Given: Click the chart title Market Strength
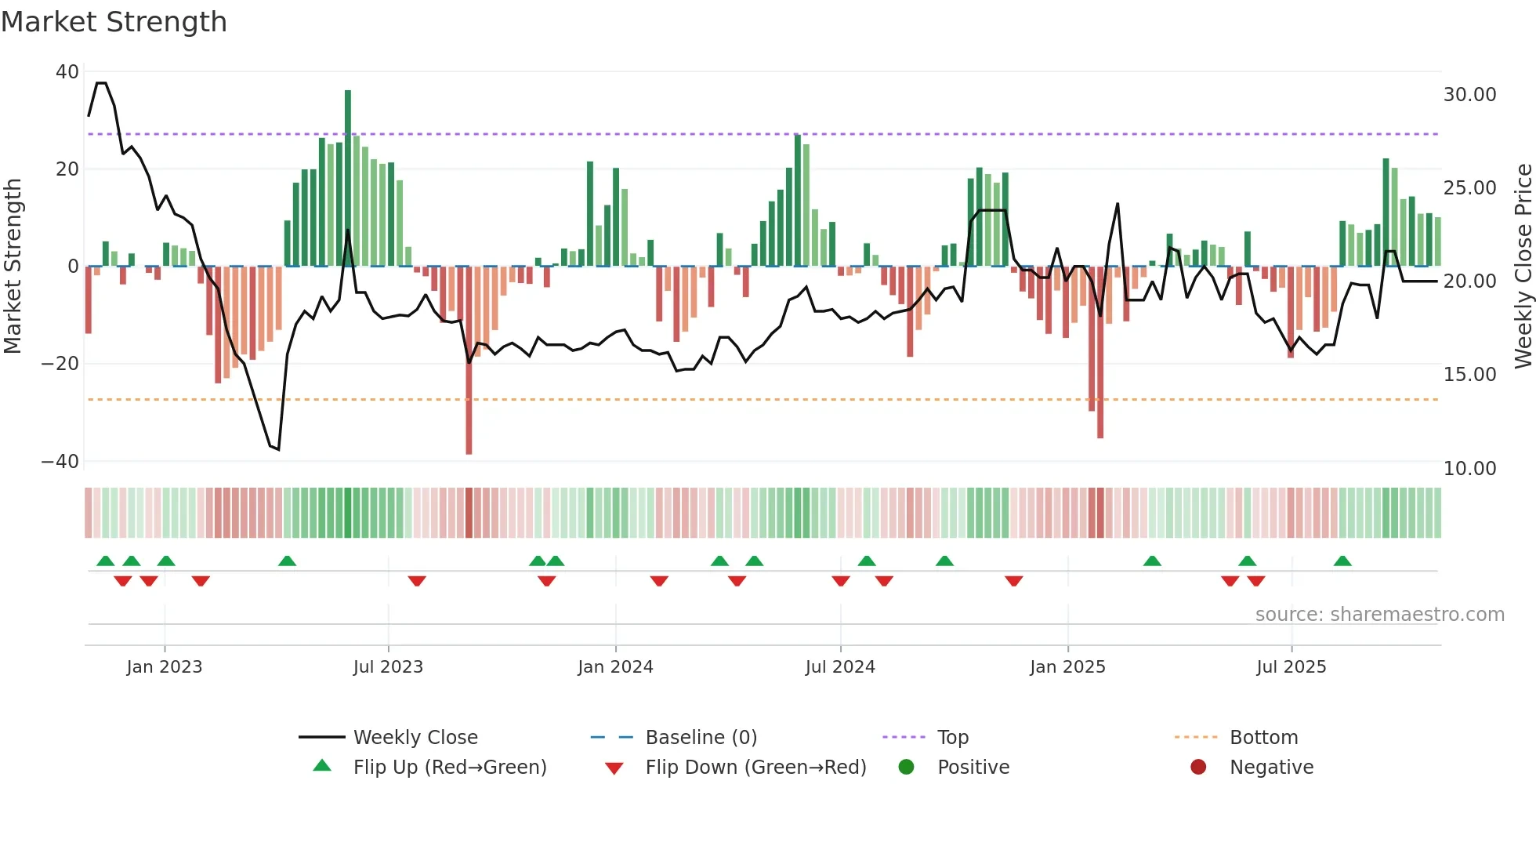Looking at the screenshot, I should click(x=114, y=22).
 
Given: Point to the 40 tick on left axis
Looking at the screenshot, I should click(x=67, y=72).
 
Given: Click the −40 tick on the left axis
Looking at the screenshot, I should click(x=60, y=462).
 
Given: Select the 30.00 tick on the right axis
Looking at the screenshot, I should click(x=1469, y=95).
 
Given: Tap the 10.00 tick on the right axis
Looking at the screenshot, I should click(x=1469, y=469).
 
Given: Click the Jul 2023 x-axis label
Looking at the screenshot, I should click(x=388, y=667).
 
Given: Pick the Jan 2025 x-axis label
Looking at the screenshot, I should click(x=1067, y=667).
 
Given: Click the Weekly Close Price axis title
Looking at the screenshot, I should click(x=1523, y=266).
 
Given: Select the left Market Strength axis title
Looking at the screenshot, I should click(x=13, y=266).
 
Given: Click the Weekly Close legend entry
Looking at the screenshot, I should click(x=415, y=738).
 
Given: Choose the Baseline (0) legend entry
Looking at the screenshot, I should click(x=701, y=738).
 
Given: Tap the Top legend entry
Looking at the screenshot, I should click(x=952, y=738).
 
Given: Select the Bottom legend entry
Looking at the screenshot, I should click(x=1263, y=738).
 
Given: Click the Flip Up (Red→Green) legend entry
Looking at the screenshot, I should click(x=449, y=768).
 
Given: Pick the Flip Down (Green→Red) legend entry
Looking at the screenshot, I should click(x=755, y=768).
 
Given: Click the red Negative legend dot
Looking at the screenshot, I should click(x=1198, y=767).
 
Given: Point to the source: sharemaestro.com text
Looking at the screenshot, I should click(x=1379, y=615).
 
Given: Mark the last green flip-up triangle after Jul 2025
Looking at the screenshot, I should click(x=1342, y=561).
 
